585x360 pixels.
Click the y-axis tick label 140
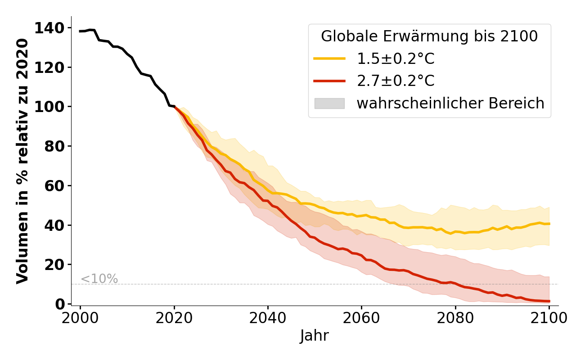53,28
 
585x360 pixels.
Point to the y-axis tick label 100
53,107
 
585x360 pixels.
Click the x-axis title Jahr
314,336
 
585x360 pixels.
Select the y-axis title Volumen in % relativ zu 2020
22,161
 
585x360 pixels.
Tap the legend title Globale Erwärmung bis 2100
429,36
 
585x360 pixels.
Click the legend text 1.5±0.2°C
396,58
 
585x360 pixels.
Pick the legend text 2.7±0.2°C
396,81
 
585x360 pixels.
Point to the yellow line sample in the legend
329,58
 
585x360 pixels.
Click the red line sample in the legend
329,81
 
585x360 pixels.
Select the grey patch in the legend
329,103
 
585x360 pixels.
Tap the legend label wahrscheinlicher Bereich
450,103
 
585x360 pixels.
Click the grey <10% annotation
99,279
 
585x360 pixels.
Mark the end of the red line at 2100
549,301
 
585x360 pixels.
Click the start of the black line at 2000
81,31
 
